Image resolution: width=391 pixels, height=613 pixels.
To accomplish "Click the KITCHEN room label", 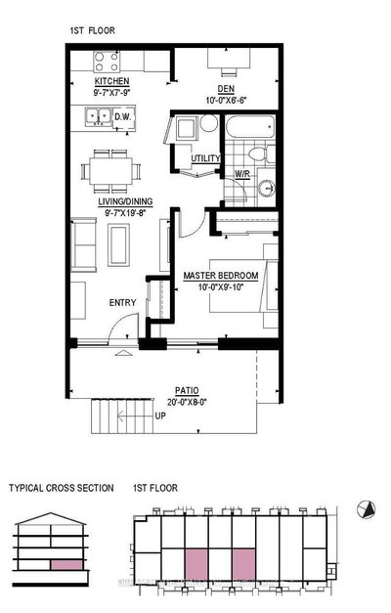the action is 111,81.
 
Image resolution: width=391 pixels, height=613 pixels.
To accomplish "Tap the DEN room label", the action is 226,89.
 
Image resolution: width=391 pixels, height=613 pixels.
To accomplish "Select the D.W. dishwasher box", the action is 123,116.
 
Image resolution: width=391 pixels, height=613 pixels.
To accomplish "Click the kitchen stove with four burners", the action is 107,62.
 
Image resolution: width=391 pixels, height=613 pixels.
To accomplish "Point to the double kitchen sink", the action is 98,116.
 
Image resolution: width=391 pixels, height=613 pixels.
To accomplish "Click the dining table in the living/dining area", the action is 110,171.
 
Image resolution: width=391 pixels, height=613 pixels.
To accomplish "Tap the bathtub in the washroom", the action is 250,126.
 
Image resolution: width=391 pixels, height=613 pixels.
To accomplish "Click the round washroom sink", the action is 266,188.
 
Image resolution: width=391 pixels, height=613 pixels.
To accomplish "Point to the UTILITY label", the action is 205,158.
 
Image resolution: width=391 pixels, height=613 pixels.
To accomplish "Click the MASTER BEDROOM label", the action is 221,276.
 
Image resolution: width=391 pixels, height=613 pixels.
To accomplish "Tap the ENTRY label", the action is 122,303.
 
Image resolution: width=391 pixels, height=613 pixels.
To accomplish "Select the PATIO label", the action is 187,390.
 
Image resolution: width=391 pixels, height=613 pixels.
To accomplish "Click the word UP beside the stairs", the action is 160,416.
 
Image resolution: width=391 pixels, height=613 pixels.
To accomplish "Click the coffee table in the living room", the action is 118,245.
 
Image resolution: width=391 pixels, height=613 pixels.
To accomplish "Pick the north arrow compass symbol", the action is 367,509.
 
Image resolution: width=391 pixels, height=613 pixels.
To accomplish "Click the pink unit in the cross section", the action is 66,564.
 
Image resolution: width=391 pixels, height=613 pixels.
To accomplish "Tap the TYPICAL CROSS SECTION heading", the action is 62,488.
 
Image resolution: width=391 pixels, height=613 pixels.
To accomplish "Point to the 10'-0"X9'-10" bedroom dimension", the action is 221,287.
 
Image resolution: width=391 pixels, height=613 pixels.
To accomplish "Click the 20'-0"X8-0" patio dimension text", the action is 187,402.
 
